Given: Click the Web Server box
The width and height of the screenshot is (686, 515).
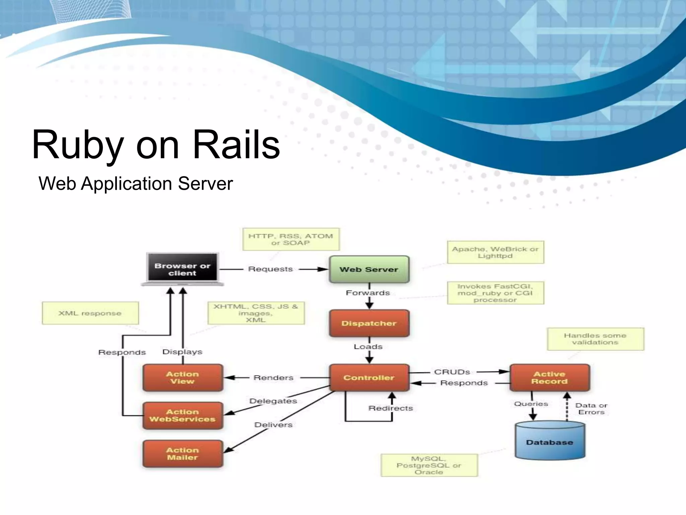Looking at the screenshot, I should pyautogui.click(x=369, y=269).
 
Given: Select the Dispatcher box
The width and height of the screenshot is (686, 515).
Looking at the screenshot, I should pyautogui.click(x=369, y=323).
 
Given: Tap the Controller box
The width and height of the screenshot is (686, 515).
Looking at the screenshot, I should pyautogui.click(x=369, y=378).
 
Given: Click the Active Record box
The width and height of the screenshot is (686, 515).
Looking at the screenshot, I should pyautogui.click(x=549, y=378).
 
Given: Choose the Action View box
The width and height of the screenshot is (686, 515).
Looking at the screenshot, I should pyautogui.click(x=183, y=378).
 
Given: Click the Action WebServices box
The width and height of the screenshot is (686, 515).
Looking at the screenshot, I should pyautogui.click(x=183, y=415).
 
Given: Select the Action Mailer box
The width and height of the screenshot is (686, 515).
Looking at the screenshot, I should pyautogui.click(x=183, y=454).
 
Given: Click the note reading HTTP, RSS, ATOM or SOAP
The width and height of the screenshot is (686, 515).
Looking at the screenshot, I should pyautogui.click(x=291, y=239).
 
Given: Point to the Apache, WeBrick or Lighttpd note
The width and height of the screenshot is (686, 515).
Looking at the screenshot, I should pyautogui.click(x=495, y=252).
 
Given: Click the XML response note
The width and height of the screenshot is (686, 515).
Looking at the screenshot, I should pyautogui.click(x=90, y=313).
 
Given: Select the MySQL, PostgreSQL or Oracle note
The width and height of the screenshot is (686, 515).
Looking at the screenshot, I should pyautogui.click(x=429, y=465).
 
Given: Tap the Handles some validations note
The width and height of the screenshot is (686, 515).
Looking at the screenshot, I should pyautogui.click(x=595, y=339).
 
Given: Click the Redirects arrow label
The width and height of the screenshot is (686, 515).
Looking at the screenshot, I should pyautogui.click(x=391, y=408).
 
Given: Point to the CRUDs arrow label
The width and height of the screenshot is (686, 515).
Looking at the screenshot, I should pyautogui.click(x=452, y=372).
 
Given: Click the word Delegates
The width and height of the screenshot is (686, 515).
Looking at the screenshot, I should pyautogui.click(x=273, y=401).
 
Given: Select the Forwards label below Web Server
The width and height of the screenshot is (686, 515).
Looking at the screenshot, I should pyautogui.click(x=368, y=293).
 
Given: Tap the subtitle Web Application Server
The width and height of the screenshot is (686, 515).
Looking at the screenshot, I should pyautogui.click(x=136, y=183).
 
